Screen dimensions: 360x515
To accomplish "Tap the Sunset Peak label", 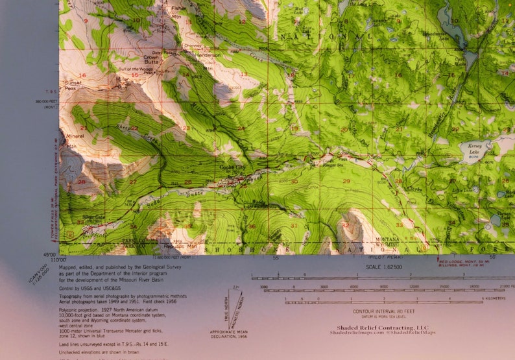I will point(71,85).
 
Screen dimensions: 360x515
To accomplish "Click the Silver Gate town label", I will point(94,217).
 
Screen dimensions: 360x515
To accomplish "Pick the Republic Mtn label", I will point(183,247).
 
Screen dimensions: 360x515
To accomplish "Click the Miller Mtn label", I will point(122,80).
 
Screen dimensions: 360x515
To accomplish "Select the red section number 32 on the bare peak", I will point(345,225).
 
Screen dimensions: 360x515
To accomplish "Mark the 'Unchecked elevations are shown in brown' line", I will point(101,352).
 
